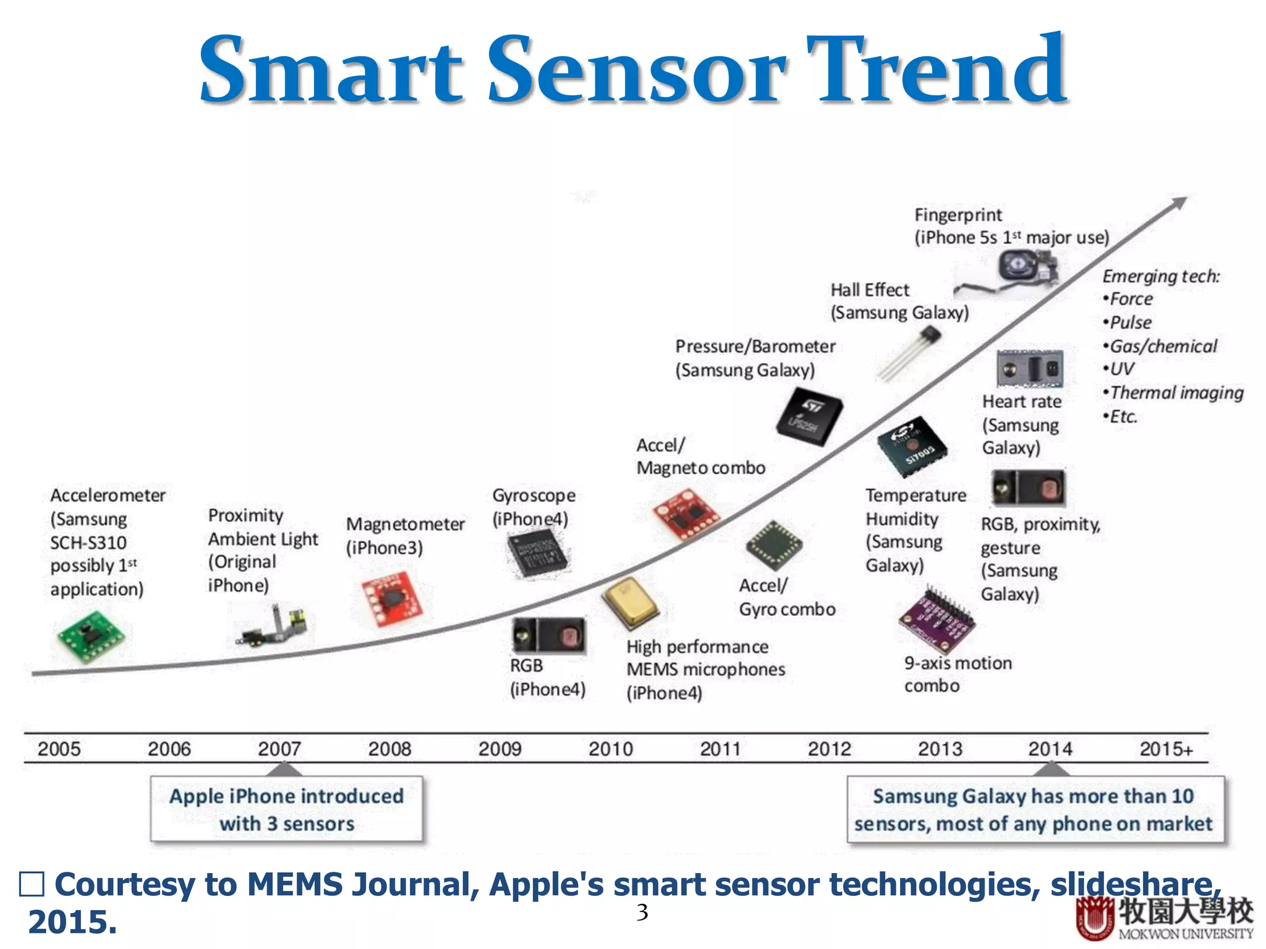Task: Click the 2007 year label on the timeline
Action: (x=279, y=749)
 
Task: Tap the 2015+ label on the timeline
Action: (x=1166, y=749)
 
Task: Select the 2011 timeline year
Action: (x=720, y=749)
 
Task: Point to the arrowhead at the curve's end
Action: (x=1179, y=203)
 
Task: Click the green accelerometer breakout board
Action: (x=91, y=636)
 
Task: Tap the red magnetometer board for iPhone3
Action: (x=392, y=599)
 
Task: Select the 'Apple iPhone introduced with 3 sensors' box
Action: (x=287, y=809)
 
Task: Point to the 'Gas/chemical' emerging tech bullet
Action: (x=1162, y=346)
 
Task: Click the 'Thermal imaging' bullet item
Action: (x=1175, y=393)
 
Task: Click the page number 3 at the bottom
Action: (x=642, y=912)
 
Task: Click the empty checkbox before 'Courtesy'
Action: (x=32, y=884)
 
